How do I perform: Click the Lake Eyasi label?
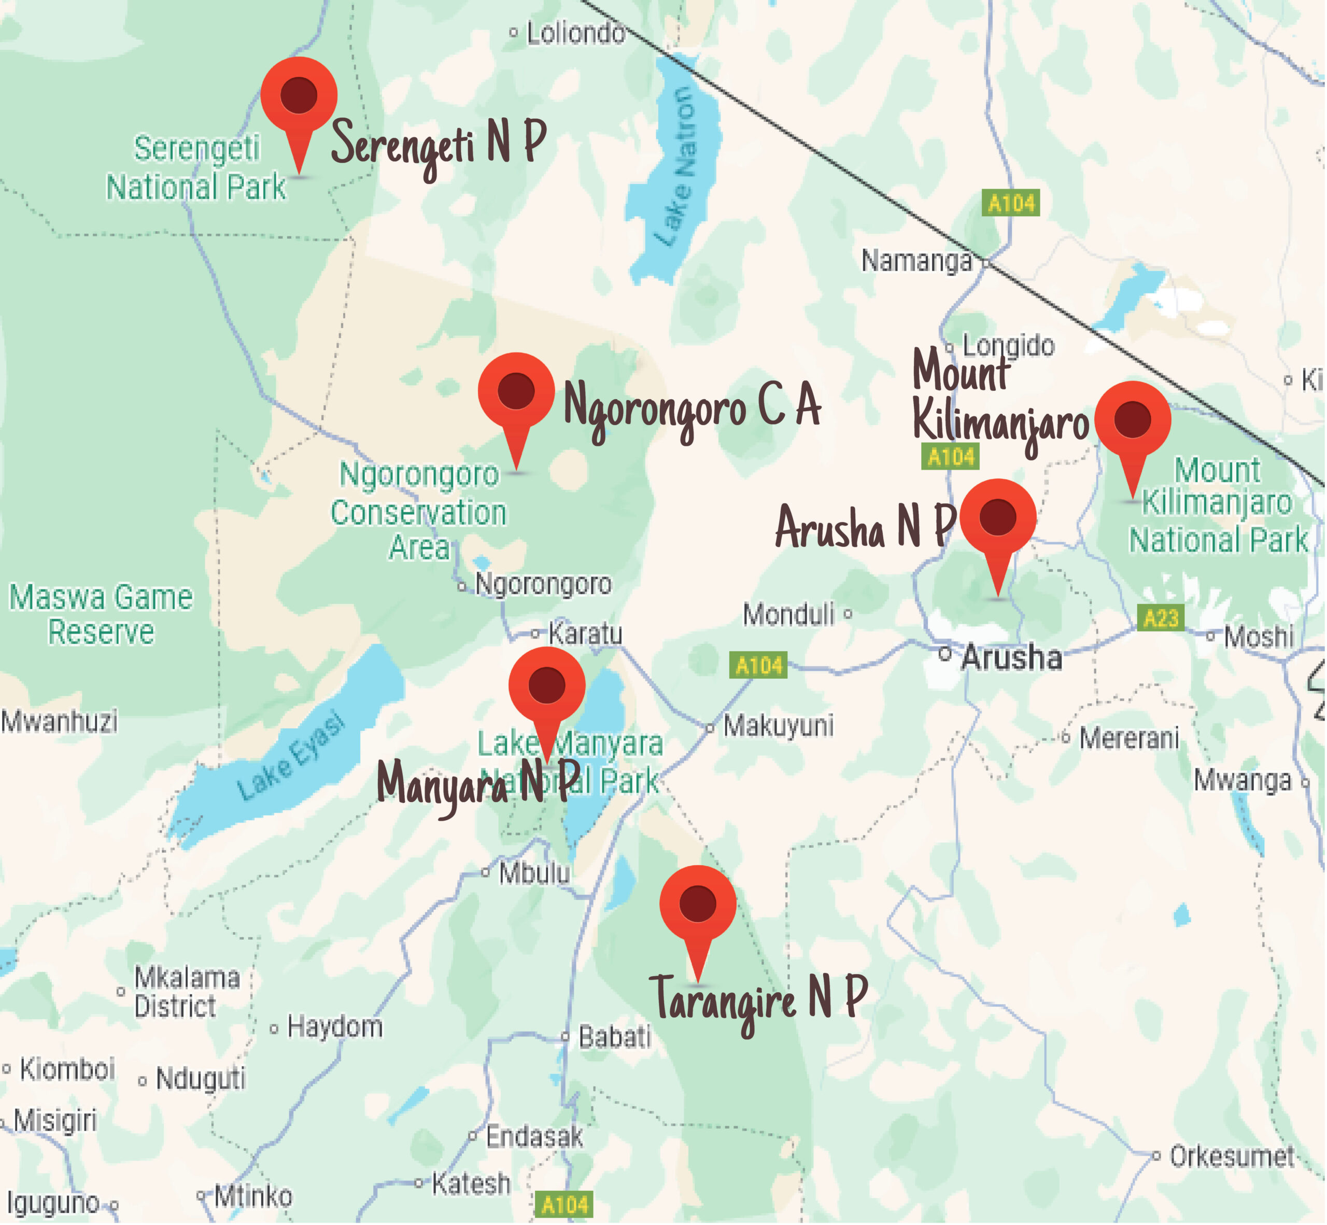(x=292, y=757)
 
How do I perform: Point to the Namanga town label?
(x=916, y=261)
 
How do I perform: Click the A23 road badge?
(x=1161, y=618)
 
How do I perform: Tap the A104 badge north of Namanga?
(x=1011, y=203)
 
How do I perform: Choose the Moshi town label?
(x=1258, y=637)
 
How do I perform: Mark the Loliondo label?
(x=575, y=33)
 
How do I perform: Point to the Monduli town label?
(x=789, y=614)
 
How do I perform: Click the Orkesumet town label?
(x=1231, y=1157)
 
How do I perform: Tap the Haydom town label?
(x=335, y=1027)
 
